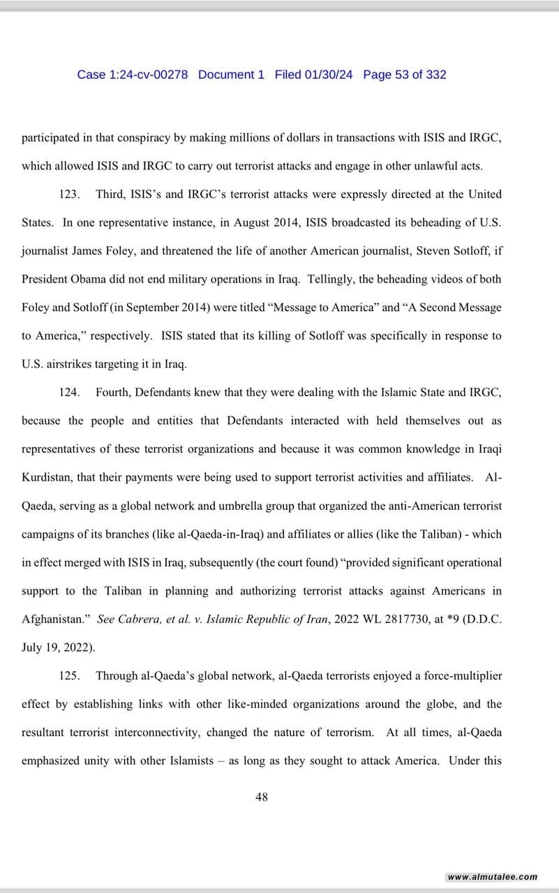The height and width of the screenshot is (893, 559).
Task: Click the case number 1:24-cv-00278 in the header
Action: [x=148, y=75]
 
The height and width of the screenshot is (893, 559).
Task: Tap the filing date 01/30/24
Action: [x=328, y=75]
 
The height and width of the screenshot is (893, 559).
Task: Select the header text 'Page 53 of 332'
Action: [x=405, y=75]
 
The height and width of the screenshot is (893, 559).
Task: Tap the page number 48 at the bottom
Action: [x=262, y=797]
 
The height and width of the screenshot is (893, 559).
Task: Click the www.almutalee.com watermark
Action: [x=493, y=877]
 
